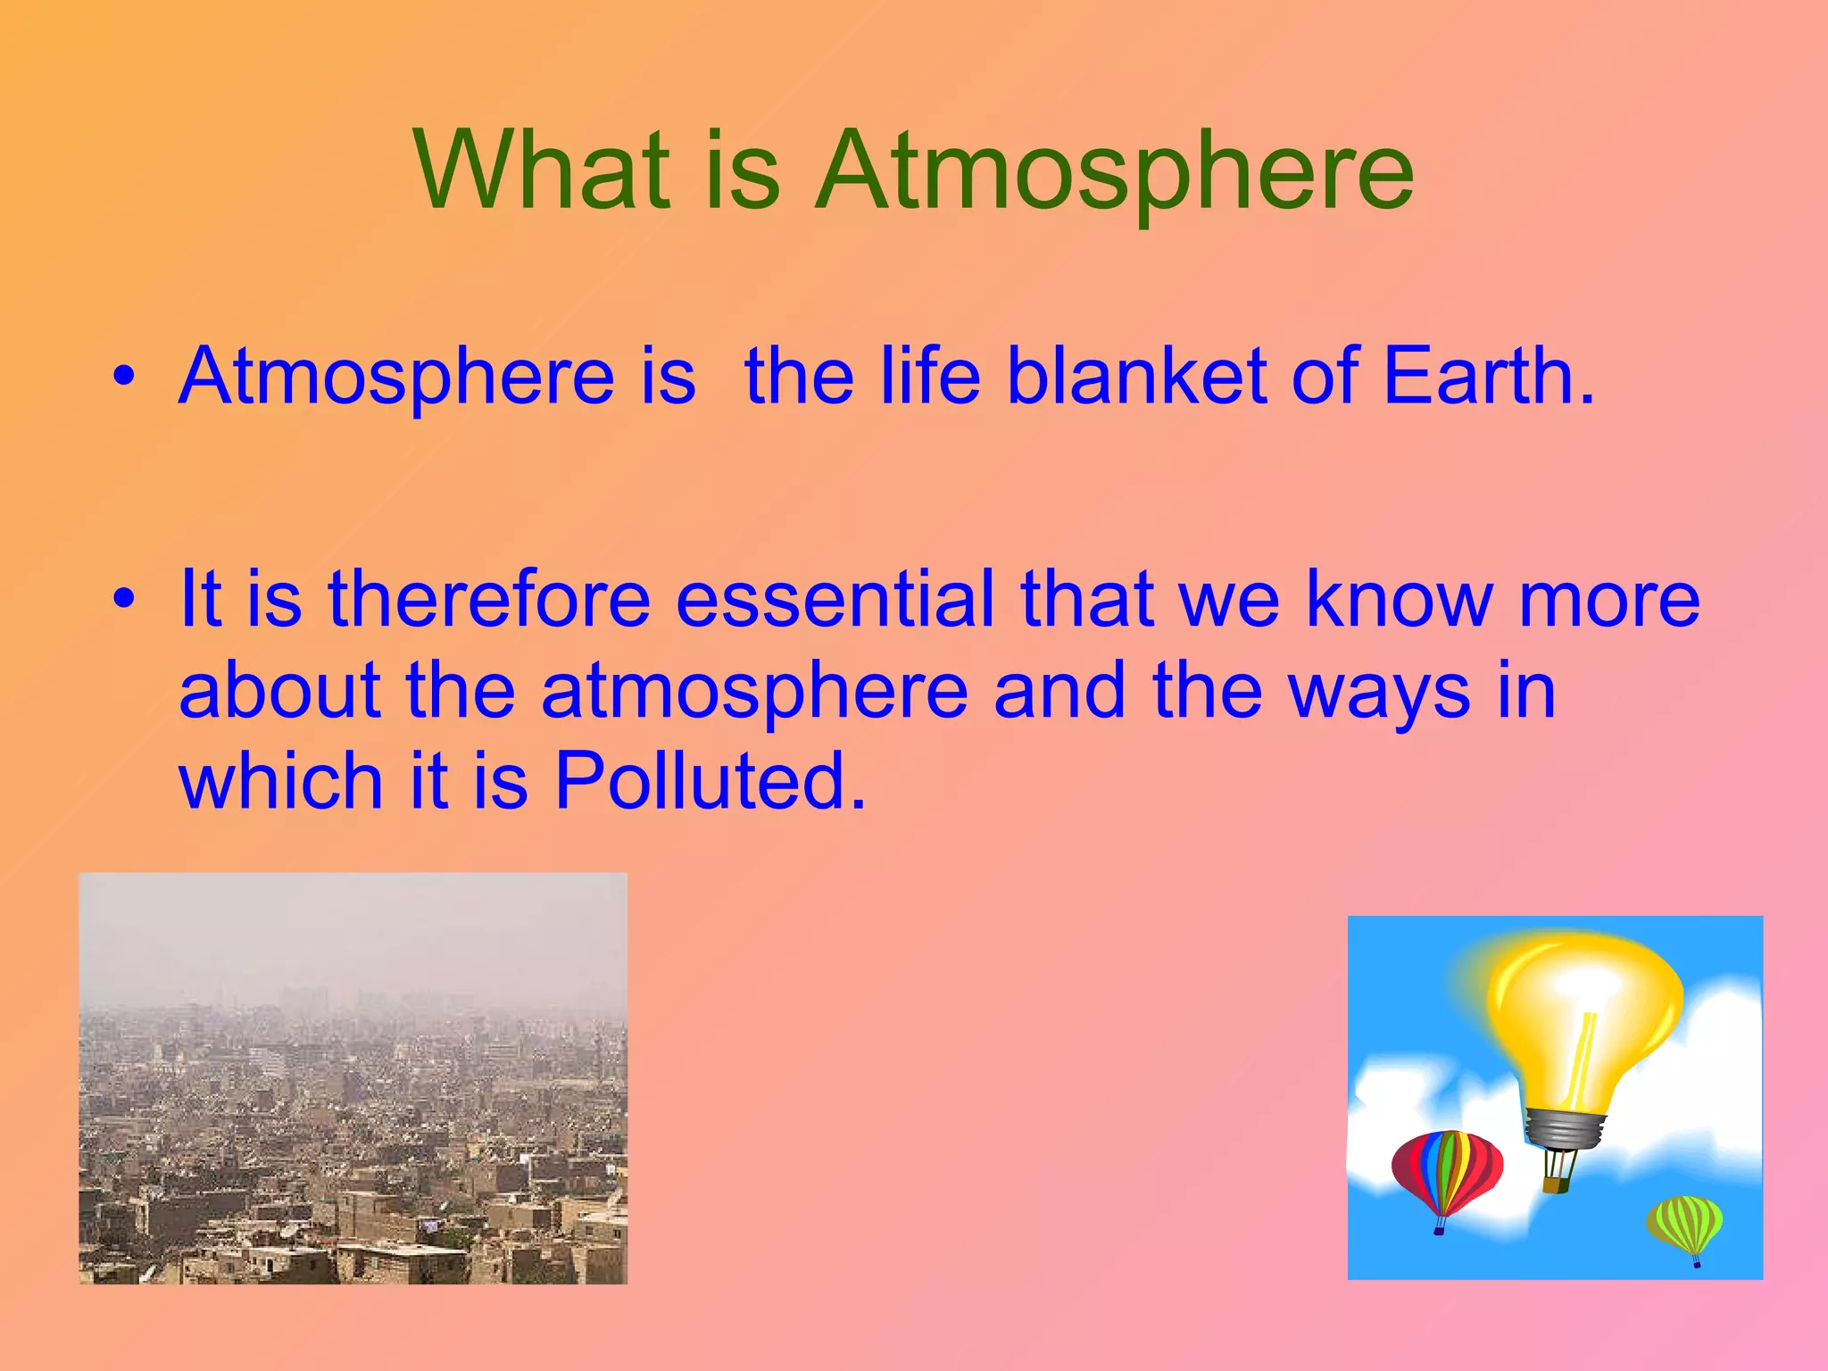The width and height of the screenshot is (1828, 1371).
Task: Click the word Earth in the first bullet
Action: point(1486,377)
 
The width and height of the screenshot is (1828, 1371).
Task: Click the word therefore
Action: point(489,600)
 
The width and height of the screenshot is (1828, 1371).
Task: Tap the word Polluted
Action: point(710,781)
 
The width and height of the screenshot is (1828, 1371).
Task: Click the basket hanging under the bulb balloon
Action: point(1557,1184)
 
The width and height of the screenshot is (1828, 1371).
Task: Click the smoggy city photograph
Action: point(353,1078)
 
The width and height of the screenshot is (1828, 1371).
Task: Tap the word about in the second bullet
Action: point(279,693)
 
